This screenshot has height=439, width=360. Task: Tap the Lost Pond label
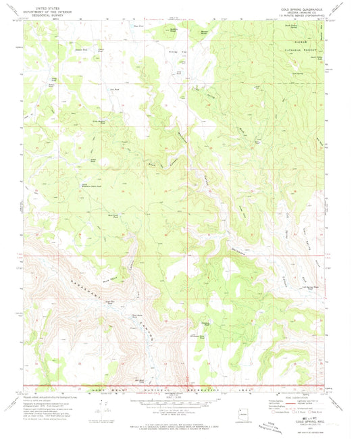(x=114, y=88)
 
